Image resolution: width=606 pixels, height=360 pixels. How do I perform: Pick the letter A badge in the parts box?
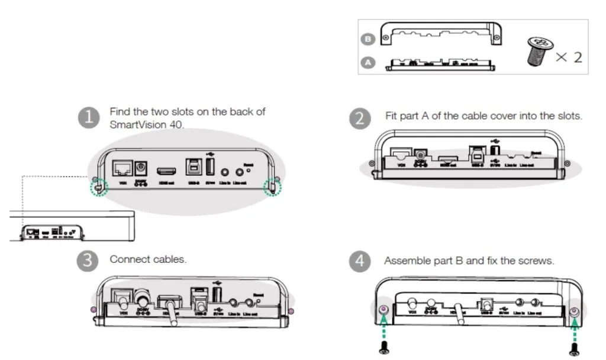point(368,62)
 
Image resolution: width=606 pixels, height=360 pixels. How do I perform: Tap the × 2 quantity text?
point(569,57)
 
